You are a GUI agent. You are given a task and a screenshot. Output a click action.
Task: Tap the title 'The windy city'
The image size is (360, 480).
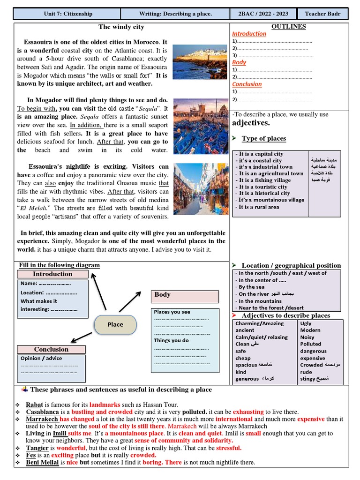[121, 27]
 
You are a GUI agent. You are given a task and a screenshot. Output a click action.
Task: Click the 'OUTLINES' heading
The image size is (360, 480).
[289, 27]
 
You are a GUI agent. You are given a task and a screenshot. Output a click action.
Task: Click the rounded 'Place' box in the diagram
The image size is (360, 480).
[115, 324]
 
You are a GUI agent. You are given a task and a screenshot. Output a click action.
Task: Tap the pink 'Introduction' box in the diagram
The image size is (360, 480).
[52, 274]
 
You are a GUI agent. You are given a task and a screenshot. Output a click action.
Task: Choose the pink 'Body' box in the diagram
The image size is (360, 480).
[185, 296]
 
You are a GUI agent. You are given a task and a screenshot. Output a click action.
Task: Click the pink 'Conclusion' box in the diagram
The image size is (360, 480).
[51, 349]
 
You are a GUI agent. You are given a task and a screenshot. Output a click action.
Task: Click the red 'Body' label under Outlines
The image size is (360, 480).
[239, 62]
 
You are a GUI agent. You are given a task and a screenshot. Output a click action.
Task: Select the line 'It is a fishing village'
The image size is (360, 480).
[264, 180]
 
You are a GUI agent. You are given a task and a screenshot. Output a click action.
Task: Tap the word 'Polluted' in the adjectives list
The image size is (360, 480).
[310, 344]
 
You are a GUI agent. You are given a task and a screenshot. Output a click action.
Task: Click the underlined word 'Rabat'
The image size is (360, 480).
[34, 405]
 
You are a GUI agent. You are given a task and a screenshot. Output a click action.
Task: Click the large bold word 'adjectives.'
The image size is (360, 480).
[251, 123]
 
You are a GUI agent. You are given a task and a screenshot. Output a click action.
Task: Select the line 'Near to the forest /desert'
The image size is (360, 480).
[271, 308]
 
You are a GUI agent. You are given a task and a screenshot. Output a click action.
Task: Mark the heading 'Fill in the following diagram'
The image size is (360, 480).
[59, 265]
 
